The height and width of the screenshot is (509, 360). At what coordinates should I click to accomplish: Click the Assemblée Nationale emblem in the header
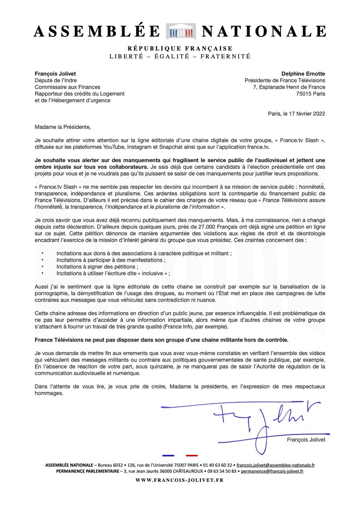tap(181, 31)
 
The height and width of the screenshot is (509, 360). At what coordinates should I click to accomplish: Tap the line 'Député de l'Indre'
tap(56, 81)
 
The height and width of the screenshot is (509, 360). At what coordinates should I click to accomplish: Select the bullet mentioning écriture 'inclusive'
tap(113, 274)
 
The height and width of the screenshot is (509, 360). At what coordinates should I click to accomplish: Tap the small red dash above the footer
tap(192, 456)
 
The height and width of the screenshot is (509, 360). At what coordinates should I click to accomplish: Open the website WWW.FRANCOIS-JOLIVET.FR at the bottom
tap(179, 480)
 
